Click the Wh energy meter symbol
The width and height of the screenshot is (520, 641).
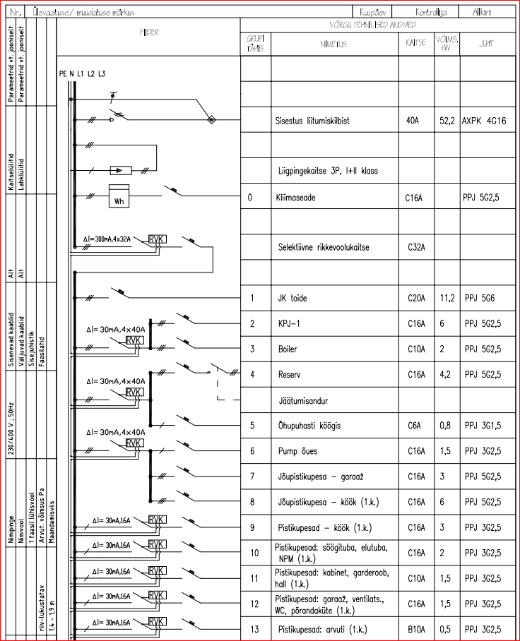coord(118,197)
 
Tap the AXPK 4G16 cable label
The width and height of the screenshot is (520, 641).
coord(484,121)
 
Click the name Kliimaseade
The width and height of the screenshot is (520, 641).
coord(295,198)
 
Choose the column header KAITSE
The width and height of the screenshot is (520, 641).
coord(415,43)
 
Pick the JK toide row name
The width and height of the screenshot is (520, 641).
coord(292,298)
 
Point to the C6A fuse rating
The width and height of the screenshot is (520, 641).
coord(415,425)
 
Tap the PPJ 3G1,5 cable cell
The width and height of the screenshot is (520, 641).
coord(484,425)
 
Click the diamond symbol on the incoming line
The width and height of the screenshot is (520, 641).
coord(210,119)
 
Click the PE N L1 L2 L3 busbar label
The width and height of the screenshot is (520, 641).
coord(83,73)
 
